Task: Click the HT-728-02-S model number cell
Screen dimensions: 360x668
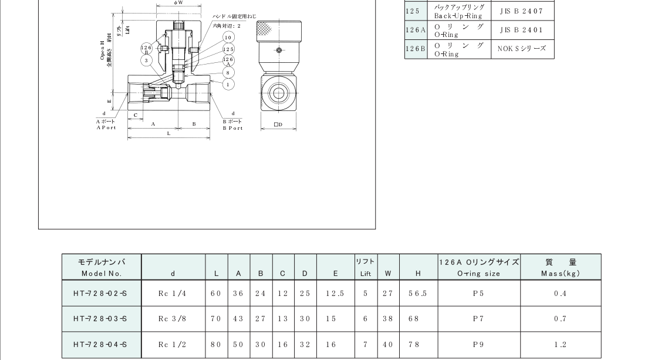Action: pyautogui.click(x=102, y=293)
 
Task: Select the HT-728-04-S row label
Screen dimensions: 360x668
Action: pyautogui.click(x=102, y=345)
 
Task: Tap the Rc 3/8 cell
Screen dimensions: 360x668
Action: pyautogui.click(x=173, y=319)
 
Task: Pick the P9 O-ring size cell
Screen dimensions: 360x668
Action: pyautogui.click(x=478, y=345)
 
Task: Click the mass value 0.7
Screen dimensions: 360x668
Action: pyautogui.click(x=560, y=319)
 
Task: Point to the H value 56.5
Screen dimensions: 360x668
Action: pyautogui.click(x=418, y=293)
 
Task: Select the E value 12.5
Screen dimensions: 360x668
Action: pyautogui.click(x=335, y=293)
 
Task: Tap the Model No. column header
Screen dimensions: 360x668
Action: pyautogui.click(x=102, y=267)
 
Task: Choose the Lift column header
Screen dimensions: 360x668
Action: pyautogui.click(x=366, y=267)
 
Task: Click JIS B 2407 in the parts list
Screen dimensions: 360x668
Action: pyautogui.click(x=521, y=11)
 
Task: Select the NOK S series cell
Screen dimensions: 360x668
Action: pyautogui.click(x=521, y=49)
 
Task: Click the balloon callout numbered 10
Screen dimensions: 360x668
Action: pyautogui.click(x=228, y=37)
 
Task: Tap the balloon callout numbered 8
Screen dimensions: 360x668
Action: pyautogui.click(x=228, y=72)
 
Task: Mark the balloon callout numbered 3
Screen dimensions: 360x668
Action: pyautogui.click(x=146, y=60)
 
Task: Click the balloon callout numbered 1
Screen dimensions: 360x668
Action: pyautogui.click(x=228, y=84)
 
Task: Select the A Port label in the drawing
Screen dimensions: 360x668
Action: pyautogui.click(x=106, y=124)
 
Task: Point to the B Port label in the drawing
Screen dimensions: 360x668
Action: pyautogui.click(x=232, y=124)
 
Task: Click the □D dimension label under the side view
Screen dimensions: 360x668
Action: pyautogui.click(x=278, y=125)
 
